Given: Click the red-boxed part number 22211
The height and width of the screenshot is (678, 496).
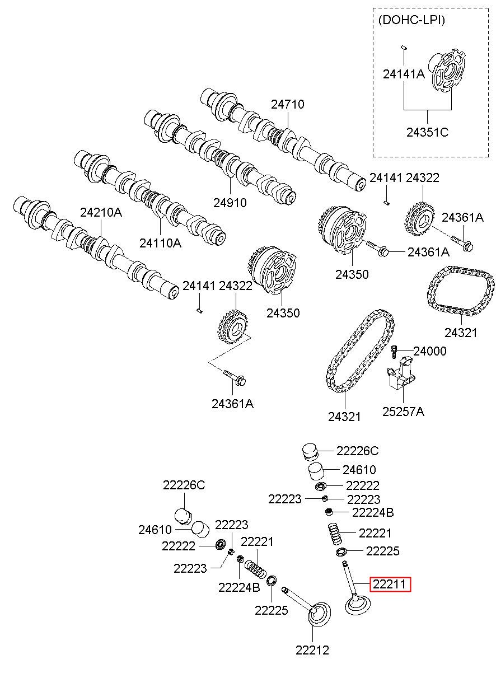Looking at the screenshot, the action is tap(390, 584).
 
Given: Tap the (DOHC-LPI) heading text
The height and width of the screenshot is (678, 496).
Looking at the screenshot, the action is tap(411, 20).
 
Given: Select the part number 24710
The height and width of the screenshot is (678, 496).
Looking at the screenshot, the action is tap(288, 105).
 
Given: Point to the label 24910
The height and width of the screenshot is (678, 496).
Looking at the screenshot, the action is tap(230, 203).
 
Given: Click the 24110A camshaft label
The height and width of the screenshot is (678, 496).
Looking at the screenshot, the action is tap(160, 243).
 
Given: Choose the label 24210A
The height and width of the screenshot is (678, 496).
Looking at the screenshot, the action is tap(101, 213).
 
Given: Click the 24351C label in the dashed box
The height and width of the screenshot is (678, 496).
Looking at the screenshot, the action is tap(427, 132).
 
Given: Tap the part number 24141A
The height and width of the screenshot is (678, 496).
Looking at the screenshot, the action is tap(404, 74).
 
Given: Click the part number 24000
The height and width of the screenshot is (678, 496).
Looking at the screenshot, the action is tap(430, 351).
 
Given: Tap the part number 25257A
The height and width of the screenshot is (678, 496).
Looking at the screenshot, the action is tap(403, 412).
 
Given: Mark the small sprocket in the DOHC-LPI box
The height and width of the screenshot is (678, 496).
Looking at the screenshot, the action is tap(447, 71).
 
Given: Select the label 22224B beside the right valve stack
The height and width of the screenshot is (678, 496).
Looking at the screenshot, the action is tap(373, 513).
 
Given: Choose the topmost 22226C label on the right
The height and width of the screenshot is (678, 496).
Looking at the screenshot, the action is tap(357, 451).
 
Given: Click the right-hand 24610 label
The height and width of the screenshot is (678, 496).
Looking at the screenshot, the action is tap(359, 470).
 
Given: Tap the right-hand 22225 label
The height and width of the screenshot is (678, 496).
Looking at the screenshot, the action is tap(382, 551).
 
